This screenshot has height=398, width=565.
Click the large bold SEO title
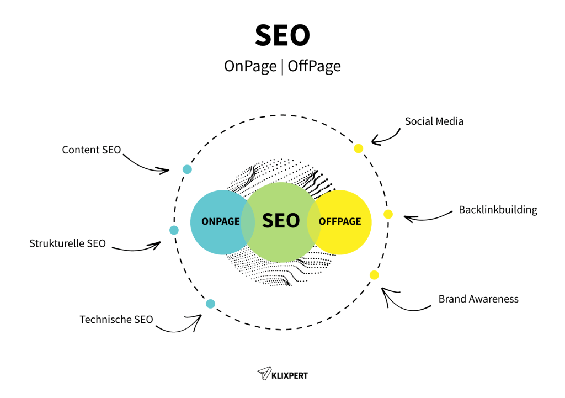[282, 36]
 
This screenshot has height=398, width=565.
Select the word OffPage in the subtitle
[315, 66]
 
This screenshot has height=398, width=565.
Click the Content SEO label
[91, 150]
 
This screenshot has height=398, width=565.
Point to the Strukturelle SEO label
[67, 243]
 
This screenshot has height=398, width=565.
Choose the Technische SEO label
[116, 319]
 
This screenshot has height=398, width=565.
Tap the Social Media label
[434, 121]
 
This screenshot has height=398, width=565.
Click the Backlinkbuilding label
[498, 210]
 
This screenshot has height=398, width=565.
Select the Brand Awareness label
[478, 299]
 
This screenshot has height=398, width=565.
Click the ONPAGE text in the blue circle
[221, 222]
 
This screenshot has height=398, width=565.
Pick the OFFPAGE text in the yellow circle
[340, 222]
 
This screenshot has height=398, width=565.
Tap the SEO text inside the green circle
[281, 221]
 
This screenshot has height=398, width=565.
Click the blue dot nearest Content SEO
[187, 169]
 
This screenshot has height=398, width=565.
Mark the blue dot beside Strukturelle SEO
[174, 230]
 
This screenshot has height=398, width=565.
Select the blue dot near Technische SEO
[210, 304]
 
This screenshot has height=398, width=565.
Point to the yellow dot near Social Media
[359, 148]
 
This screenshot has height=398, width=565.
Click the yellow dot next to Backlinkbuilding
[388, 214]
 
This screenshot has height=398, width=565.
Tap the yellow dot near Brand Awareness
[374, 275]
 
